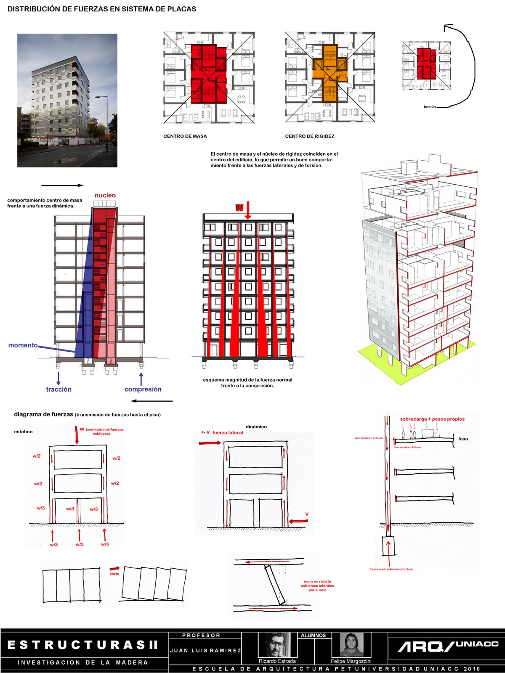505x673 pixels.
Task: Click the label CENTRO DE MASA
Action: click(x=185, y=136)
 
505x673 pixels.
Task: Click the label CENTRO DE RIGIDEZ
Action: click(x=309, y=136)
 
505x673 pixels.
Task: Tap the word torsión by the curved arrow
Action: click(x=430, y=107)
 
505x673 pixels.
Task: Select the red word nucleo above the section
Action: click(x=105, y=195)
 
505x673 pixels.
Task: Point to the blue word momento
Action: click(x=23, y=345)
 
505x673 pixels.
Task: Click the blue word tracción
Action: click(x=58, y=389)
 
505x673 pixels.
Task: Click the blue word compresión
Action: click(x=143, y=389)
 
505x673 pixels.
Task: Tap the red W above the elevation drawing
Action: click(x=239, y=207)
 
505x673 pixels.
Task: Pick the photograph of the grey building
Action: click(x=67, y=101)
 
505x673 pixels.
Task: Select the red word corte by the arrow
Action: click(x=114, y=574)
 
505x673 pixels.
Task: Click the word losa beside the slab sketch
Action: click(x=463, y=439)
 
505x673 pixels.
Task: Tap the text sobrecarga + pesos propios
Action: click(x=432, y=419)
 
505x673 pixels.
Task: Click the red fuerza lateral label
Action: click(x=227, y=432)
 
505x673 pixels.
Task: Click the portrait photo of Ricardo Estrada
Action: click(x=276, y=645)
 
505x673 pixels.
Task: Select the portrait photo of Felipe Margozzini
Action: click(x=351, y=645)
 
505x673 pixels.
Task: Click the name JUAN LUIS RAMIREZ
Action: click(x=205, y=651)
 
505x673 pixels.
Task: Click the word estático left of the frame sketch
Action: click(x=23, y=432)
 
